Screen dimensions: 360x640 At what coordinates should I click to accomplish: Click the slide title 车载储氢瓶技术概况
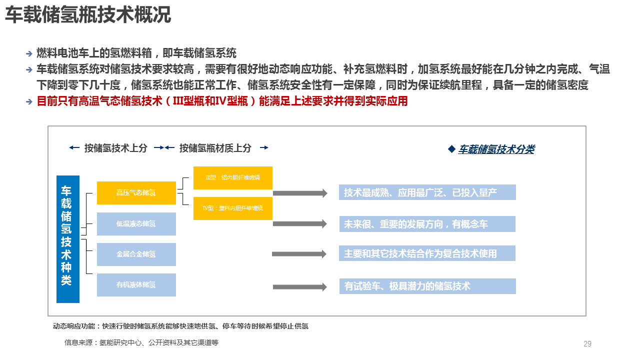point(88,15)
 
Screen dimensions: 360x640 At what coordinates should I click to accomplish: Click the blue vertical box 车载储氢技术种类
point(68,239)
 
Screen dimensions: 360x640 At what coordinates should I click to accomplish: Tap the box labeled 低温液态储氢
point(136,224)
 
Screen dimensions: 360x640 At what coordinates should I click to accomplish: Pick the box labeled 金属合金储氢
point(136,254)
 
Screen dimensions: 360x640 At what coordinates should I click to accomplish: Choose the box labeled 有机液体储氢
point(136,285)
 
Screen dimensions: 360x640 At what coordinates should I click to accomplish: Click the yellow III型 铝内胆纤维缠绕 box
point(232,177)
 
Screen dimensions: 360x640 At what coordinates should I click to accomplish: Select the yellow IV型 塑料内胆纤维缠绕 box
point(232,208)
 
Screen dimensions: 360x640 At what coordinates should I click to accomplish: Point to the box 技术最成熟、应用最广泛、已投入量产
point(427,192)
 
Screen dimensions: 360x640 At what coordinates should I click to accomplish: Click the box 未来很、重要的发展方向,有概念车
point(427,224)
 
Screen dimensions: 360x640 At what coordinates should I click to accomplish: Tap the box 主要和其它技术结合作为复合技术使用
point(427,253)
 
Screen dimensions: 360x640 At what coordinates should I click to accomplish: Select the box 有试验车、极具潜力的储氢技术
point(427,286)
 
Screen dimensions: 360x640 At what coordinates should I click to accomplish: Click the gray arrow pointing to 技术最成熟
point(300,193)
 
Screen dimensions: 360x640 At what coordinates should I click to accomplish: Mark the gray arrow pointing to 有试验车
point(300,287)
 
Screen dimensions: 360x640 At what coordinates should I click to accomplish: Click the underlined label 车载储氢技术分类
point(496,149)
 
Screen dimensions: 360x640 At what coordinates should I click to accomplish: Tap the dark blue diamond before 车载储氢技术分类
point(451,149)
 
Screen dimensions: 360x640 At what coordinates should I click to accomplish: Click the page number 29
point(587,344)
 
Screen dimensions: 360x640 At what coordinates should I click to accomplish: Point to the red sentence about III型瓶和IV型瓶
point(222,101)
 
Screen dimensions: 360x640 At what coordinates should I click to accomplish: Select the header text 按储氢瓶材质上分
point(215,148)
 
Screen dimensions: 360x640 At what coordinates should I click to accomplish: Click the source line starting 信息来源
point(141,343)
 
